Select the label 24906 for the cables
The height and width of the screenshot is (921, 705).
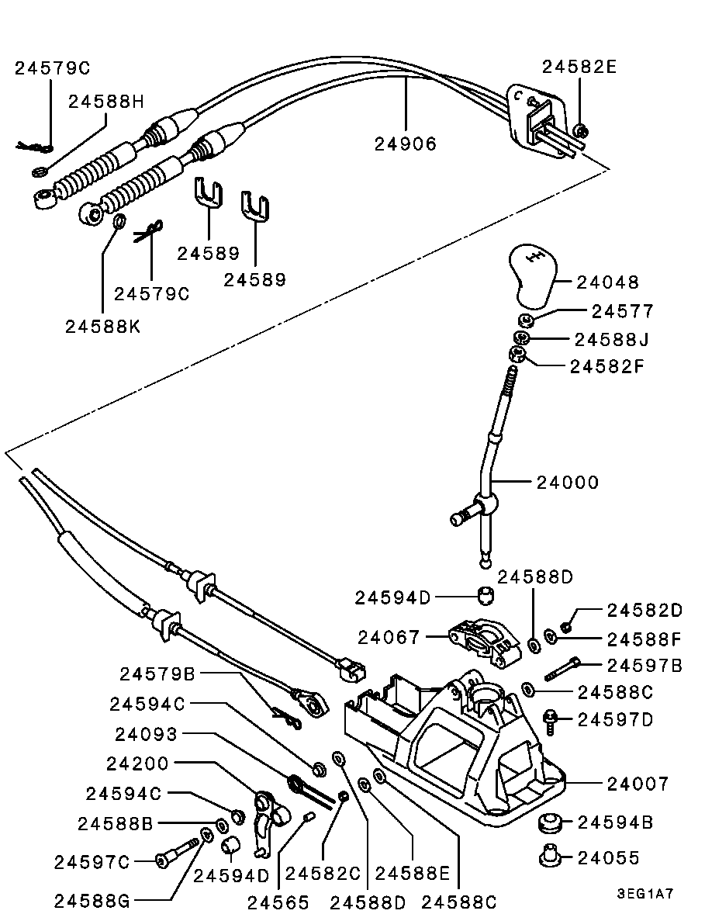pyautogui.click(x=405, y=144)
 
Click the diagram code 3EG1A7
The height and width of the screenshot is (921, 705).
pyautogui.click(x=645, y=893)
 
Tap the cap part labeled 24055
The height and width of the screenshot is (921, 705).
pyautogui.click(x=549, y=857)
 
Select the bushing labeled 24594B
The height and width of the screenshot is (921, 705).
pyautogui.click(x=551, y=822)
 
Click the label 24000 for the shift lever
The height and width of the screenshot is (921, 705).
pyautogui.click(x=568, y=482)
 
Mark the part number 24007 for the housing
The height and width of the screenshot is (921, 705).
pyautogui.click(x=638, y=784)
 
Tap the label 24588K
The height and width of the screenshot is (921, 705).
pyautogui.click(x=103, y=327)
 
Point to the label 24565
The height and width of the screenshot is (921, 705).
pyautogui.click(x=278, y=902)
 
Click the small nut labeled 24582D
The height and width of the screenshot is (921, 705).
pyautogui.click(x=567, y=626)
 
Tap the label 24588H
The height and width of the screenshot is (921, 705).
pyautogui.click(x=106, y=101)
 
